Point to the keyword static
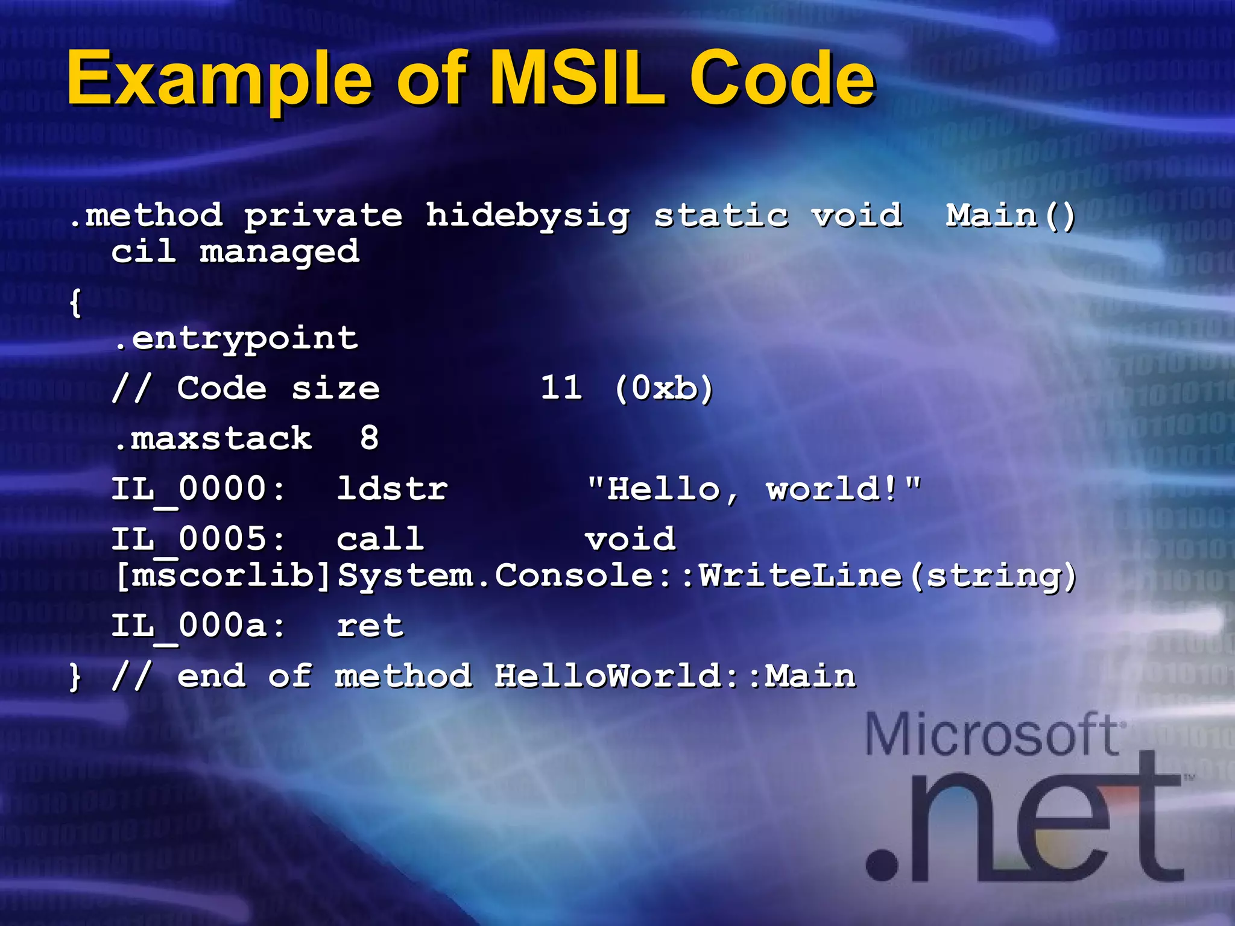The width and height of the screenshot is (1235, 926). coord(721,216)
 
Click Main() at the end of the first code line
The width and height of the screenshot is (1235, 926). coord(1011,216)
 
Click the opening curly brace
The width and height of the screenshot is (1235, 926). coord(75,303)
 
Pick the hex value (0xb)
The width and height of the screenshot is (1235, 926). coord(664,388)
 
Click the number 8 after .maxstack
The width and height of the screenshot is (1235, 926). coord(369,438)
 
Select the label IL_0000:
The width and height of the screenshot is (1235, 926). coord(198,490)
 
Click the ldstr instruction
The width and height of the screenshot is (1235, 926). coord(392,488)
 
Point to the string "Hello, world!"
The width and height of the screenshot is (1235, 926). coord(754,488)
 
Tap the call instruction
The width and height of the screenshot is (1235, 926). coord(380,539)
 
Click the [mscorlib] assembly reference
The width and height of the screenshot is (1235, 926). coord(222,576)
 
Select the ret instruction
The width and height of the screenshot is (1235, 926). coord(370,626)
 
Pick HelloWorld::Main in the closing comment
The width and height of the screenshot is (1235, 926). coord(675,676)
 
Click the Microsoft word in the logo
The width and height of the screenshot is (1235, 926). coord(993,734)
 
